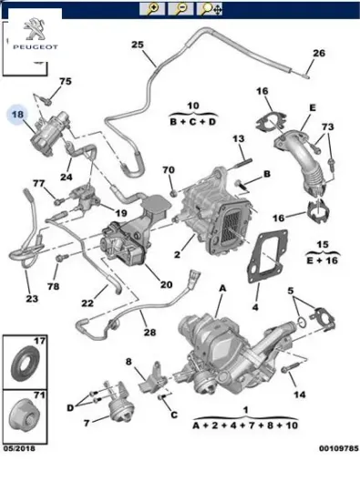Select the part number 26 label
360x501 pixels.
[318, 53]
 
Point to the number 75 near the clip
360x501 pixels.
[64, 82]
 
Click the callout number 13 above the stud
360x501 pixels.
[239, 138]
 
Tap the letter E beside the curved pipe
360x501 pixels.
[312, 107]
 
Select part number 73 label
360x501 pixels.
[328, 126]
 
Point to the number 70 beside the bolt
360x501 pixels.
[168, 170]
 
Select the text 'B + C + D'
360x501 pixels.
[193, 119]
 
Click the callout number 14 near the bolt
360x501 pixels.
[301, 394]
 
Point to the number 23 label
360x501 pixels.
[32, 297]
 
